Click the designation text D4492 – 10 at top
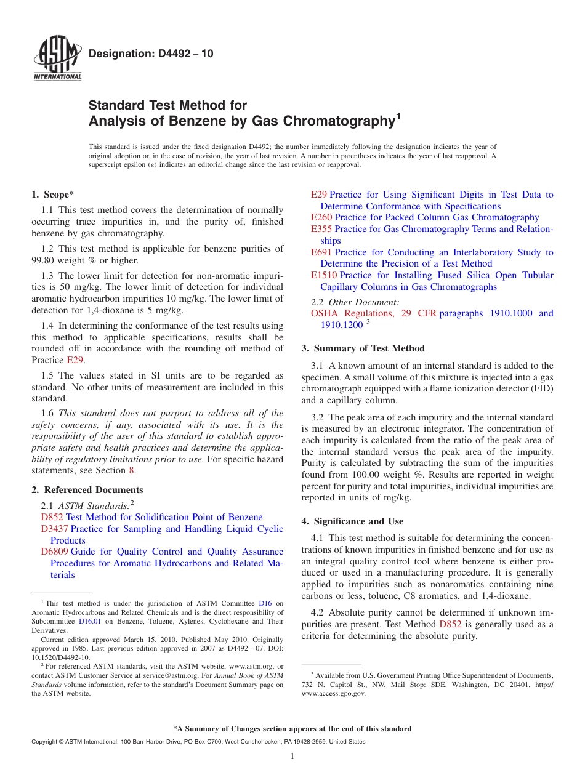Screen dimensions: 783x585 (151, 54)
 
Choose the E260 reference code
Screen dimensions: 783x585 (321, 217)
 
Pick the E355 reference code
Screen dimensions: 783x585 (321, 229)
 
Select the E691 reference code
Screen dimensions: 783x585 (321, 252)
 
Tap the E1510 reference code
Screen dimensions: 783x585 (324, 275)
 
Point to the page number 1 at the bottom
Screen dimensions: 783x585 (292, 757)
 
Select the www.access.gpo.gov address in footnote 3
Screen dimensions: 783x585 (333, 693)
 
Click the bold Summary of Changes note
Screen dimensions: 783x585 (292, 729)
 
